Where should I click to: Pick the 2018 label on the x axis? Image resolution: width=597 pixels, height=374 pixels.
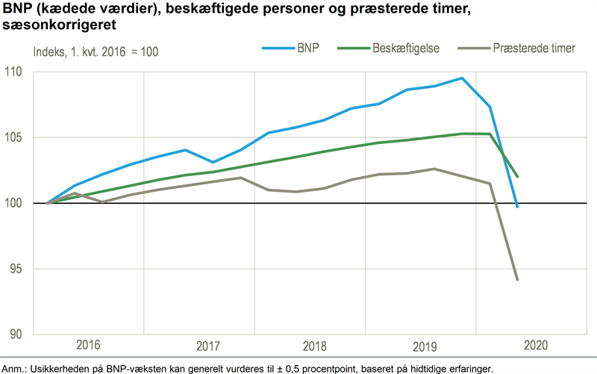(316, 347)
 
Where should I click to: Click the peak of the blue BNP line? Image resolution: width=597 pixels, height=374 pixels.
(462, 78)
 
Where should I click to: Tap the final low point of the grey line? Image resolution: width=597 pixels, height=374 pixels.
(517, 280)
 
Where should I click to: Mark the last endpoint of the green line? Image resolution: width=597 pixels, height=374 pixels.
(517, 177)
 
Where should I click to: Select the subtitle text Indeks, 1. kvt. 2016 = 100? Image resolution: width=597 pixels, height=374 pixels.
(96, 52)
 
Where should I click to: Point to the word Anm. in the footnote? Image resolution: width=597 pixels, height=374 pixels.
(14, 368)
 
